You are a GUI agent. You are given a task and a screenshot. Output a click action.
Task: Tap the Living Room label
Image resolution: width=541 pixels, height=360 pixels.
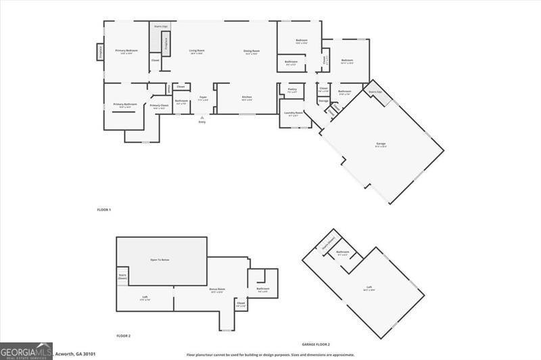point(197,51)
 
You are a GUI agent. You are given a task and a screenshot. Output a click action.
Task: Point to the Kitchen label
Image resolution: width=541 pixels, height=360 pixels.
point(247,97)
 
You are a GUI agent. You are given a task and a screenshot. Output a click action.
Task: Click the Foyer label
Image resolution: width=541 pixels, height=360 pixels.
point(203,98)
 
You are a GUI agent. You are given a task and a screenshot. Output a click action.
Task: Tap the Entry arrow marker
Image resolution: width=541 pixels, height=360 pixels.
point(202,117)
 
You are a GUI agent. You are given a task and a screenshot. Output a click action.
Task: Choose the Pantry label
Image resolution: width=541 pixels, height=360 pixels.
point(292,90)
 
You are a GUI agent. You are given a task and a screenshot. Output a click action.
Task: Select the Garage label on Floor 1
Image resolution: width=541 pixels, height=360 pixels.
point(381,143)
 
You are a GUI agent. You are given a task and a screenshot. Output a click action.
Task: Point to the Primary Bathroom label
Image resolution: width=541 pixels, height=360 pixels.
point(125,105)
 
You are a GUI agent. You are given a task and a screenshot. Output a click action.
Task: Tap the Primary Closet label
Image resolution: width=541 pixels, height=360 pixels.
point(159,106)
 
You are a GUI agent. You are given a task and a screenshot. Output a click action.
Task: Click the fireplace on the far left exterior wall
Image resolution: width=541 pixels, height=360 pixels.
point(100,52)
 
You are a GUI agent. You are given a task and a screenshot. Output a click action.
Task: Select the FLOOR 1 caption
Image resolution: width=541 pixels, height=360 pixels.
point(103,210)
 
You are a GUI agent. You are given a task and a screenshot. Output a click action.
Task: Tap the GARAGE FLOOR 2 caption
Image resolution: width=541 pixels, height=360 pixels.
point(316,344)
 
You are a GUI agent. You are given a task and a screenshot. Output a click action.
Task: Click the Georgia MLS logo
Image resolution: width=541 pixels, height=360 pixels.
point(26,351)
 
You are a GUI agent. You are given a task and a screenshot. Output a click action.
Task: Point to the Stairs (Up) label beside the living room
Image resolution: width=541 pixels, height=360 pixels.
point(160,27)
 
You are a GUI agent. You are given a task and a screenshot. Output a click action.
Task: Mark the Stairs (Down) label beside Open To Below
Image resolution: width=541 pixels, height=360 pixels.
point(122,276)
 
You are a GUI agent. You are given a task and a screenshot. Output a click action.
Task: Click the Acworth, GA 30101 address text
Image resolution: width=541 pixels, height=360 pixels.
point(76,353)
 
